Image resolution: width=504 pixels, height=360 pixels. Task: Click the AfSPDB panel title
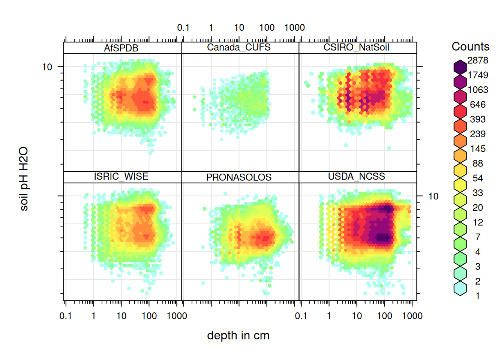tap(121, 48)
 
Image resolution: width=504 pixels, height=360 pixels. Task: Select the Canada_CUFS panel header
tap(239, 47)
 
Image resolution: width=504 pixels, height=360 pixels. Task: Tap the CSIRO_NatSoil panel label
tap(356, 47)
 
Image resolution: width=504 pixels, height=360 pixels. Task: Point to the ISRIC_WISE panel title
tap(121, 177)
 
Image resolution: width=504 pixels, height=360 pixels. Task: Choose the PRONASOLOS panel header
tap(239, 177)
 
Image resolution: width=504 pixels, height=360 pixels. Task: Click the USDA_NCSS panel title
tap(356, 177)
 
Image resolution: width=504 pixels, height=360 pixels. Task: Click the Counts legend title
tap(470, 46)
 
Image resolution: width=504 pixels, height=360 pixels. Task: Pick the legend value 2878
tap(478, 60)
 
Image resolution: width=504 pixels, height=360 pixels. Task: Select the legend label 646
tap(478, 105)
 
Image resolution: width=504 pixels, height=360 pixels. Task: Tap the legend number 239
tap(478, 134)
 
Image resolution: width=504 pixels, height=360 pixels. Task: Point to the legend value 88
tap(478, 163)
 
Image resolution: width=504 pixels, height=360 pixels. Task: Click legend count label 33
tap(478, 193)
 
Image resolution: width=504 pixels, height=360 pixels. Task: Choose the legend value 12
tap(478, 222)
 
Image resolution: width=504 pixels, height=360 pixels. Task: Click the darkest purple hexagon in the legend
tap(460, 67)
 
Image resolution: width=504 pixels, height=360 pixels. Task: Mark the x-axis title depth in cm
tap(238, 336)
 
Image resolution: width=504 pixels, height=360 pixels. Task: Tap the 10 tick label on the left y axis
tap(47, 67)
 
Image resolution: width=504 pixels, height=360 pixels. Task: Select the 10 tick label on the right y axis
tap(433, 196)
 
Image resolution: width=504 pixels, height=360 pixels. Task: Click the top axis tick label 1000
tap(294, 28)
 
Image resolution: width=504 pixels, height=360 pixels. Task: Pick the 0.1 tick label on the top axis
tap(183, 28)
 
